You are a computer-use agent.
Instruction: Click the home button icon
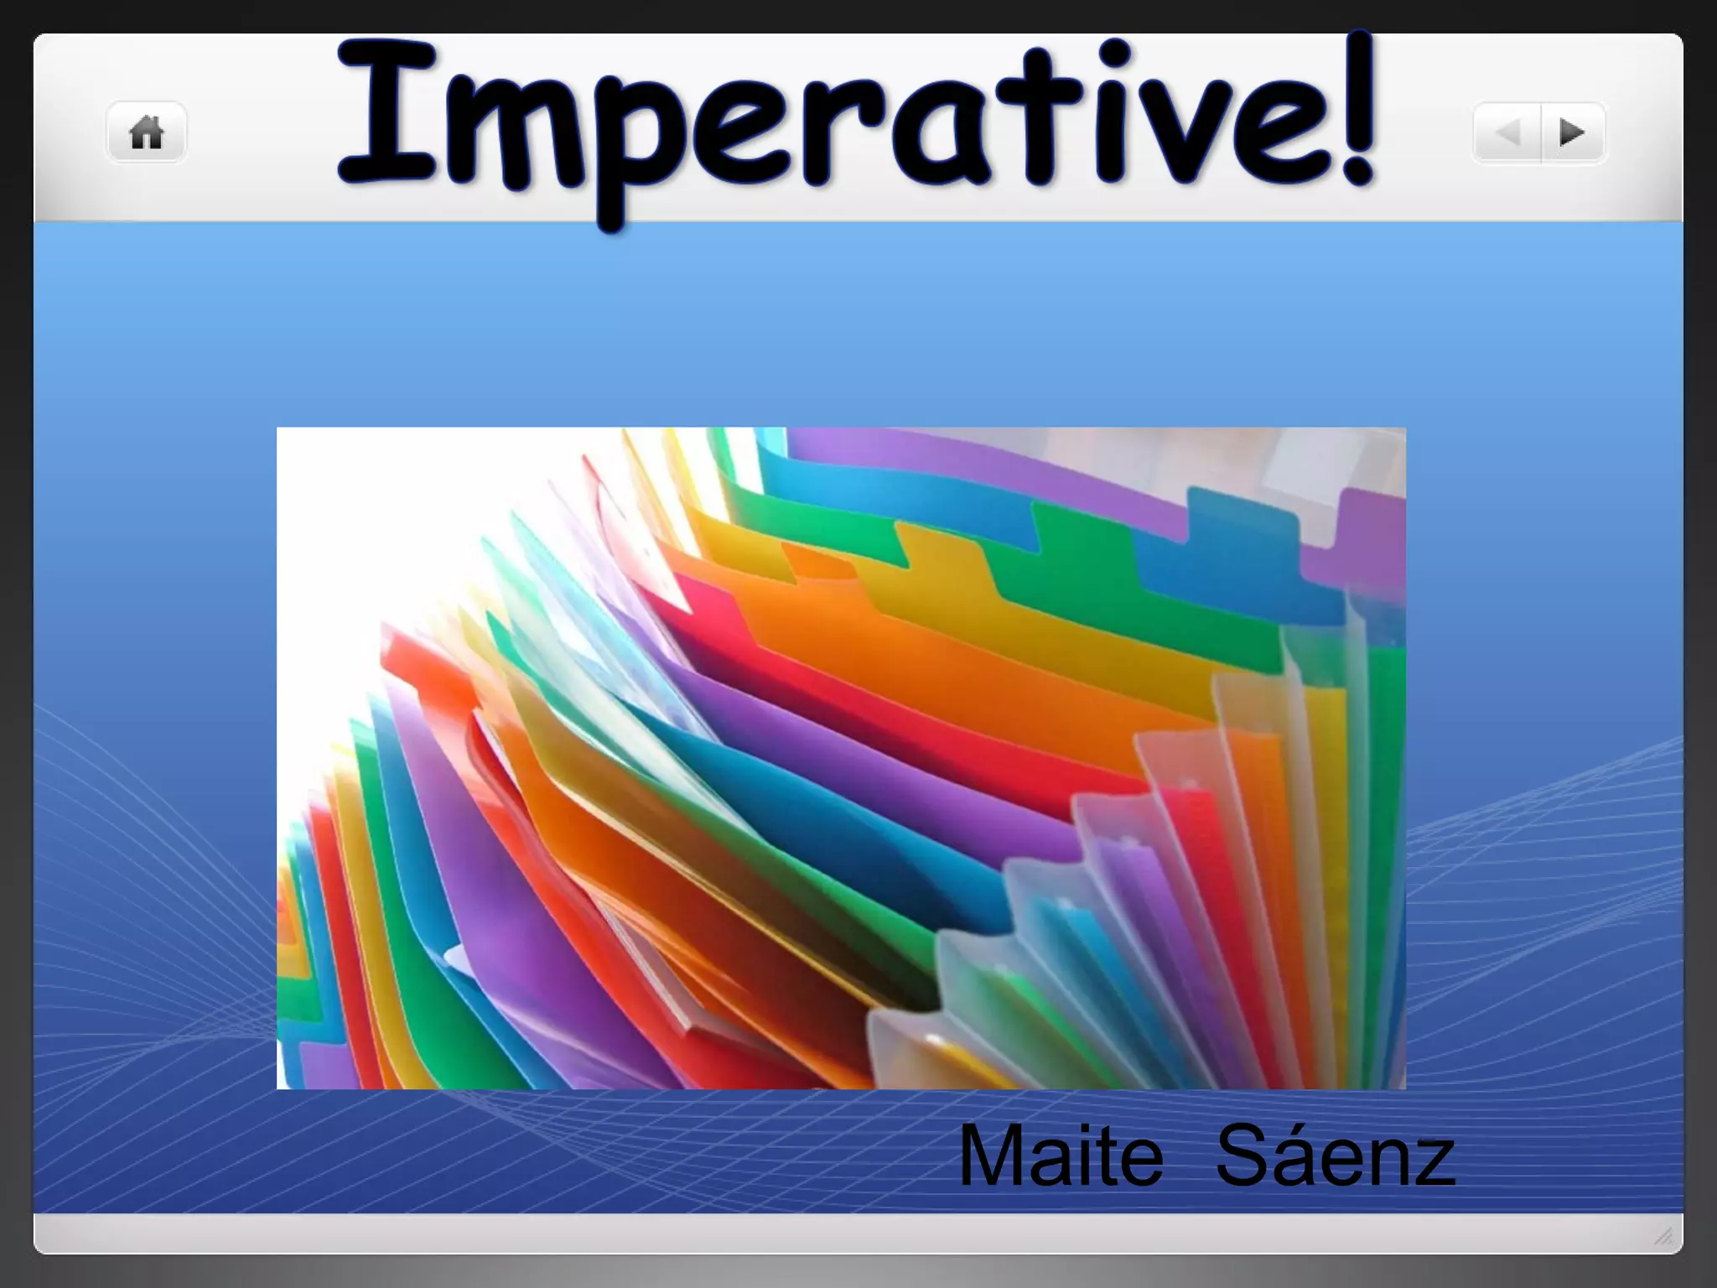point(146,132)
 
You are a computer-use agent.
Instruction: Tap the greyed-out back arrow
point(1508,132)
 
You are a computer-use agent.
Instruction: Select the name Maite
point(1061,1156)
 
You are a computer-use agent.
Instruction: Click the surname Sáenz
point(1335,1156)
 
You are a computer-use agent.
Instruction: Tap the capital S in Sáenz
point(1244,1156)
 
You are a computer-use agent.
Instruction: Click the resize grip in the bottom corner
point(1664,1235)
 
